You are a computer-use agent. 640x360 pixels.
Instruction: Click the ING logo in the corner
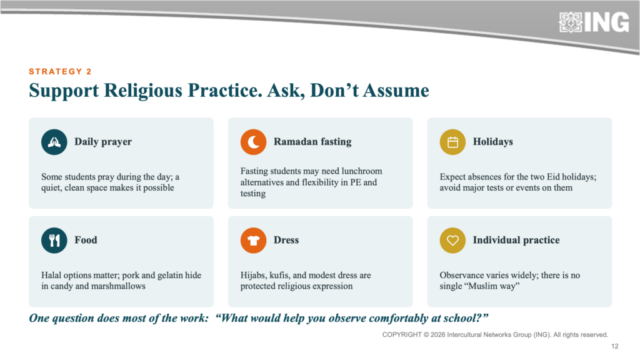point(594,22)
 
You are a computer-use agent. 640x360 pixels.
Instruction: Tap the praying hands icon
point(54,142)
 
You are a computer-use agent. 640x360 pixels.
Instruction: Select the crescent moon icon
point(254,142)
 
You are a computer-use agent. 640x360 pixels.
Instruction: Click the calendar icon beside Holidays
point(452,142)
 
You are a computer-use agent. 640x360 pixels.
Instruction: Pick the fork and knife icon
point(54,241)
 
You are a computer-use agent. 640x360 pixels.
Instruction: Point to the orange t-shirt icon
point(254,241)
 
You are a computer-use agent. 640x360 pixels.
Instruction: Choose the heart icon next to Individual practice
point(452,241)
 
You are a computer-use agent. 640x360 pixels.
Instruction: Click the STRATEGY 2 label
point(60,72)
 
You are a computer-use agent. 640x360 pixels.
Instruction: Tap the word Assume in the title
point(396,91)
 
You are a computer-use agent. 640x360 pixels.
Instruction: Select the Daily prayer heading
point(103,142)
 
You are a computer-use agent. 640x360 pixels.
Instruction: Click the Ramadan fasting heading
point(312,142)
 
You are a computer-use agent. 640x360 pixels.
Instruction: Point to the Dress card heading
point(286,240)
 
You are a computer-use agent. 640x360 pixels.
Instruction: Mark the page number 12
point(615,346)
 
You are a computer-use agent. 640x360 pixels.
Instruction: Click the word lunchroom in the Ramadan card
point(362,171)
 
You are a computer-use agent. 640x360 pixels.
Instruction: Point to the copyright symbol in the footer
point(426,335)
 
